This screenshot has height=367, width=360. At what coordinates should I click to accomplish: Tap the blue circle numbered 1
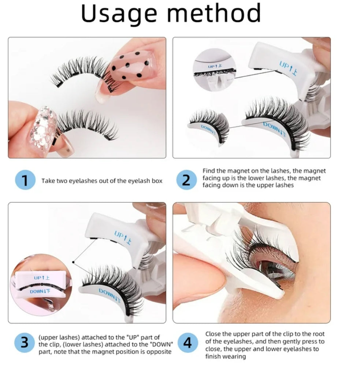[25, 180]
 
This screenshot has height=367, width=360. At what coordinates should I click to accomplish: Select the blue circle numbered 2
[186, 180]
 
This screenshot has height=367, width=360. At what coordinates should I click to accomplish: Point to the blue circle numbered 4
[187, 343]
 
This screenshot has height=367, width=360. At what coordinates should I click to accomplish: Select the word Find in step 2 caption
[208, 171]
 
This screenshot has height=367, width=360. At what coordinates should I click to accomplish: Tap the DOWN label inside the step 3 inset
[40, 292]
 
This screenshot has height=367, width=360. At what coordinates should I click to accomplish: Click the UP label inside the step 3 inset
[42, 278]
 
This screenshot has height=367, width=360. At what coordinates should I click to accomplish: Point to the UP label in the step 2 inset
[215, 66]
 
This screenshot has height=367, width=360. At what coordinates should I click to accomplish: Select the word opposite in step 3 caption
[159, 352]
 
